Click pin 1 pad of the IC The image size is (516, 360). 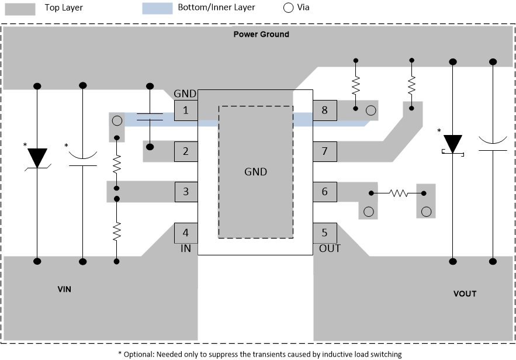(186, 110)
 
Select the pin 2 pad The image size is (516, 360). (186, 151)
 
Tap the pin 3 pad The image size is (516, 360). (186, 191)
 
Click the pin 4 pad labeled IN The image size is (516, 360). (186, 233)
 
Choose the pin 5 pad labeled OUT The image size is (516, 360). (324, 233)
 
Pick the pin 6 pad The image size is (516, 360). (324, 191)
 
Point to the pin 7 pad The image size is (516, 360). (324, 151)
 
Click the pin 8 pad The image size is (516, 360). (324, 110)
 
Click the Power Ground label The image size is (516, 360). (261, 34)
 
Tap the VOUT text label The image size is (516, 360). (465, 293)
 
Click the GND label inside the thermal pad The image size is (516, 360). (255, 172)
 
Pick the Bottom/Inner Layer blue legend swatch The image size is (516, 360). (158, 8)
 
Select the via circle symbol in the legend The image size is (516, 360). (288, 8)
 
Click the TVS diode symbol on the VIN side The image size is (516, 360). (37, 158)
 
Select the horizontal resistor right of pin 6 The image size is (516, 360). (399, 192)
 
